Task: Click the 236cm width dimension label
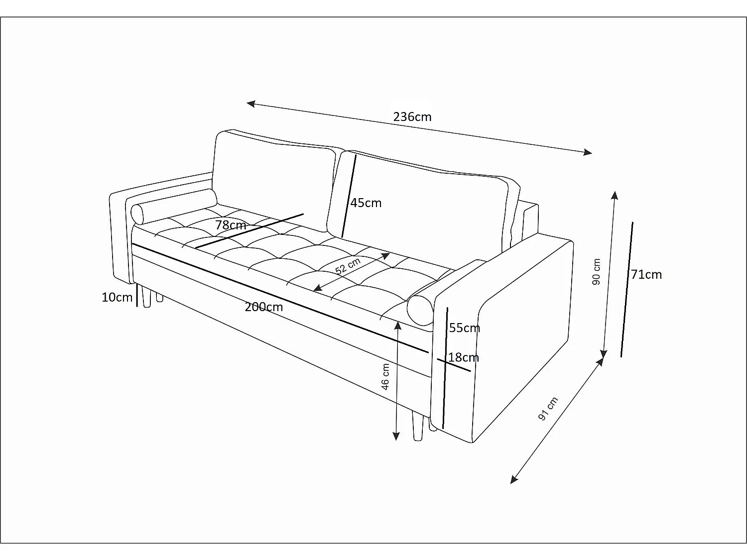(x=412, y=117)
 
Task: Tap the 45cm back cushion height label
(x=366, y=203)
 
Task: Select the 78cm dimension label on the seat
(x=231, y=225)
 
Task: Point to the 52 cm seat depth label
(x=348, y=266)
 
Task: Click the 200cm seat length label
(x=263, y=308)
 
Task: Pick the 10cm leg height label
(x=117, y=298)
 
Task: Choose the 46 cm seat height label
(x=385, y=377)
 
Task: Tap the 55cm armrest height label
(x=464, y=328)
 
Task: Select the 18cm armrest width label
(x=463, y=357)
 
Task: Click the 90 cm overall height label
(x=596, y=272)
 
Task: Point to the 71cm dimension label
(x=646, y=275)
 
